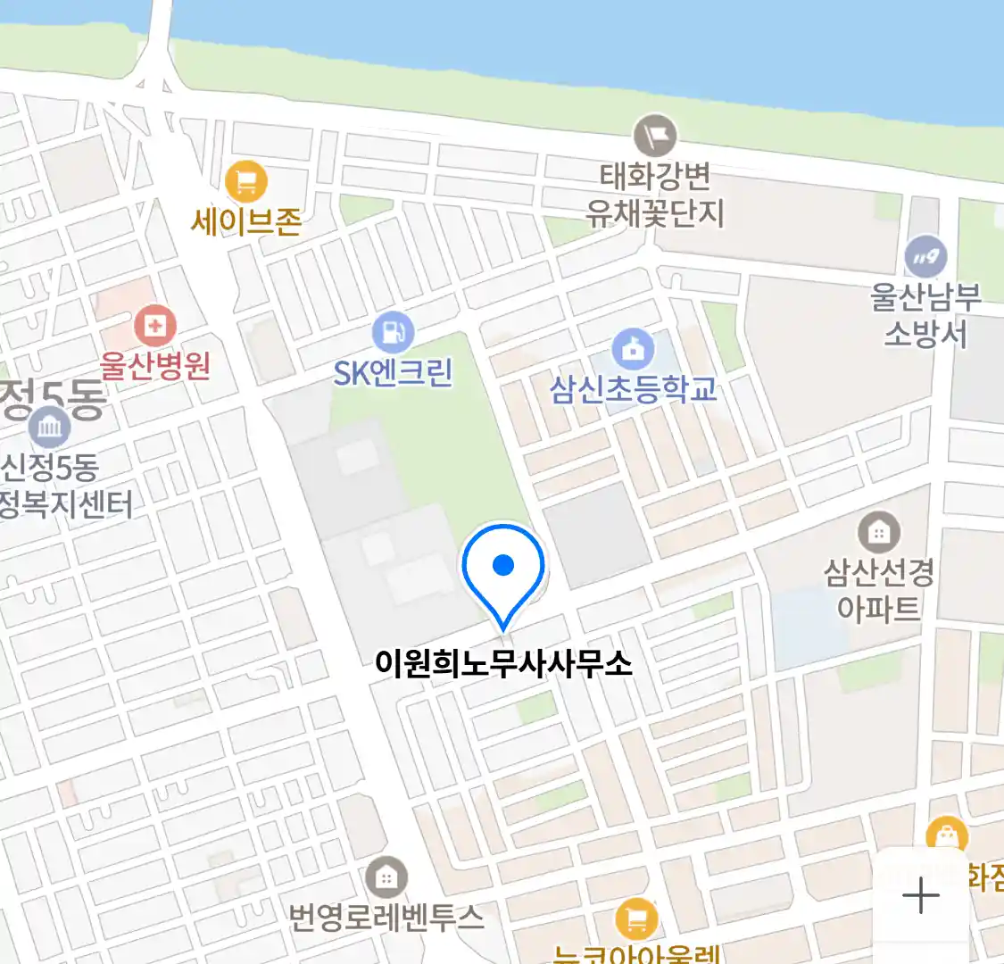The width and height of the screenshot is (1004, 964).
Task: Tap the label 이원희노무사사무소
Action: coord(503,663)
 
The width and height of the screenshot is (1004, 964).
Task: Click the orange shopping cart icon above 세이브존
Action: coord(245,182)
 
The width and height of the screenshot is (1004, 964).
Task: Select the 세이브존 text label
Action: coord(246,220)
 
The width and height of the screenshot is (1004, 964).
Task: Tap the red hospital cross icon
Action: coord(154,326)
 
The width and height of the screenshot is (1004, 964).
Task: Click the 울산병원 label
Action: coord(155,365)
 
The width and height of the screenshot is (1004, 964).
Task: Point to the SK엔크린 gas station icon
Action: coord(393,332)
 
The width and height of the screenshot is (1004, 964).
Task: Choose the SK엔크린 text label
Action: coord(394,372)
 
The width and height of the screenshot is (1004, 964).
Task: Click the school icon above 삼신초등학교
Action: coord(633,349)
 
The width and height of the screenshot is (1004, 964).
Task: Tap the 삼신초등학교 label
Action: coord(634,389)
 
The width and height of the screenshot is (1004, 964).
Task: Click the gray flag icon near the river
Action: coord(655,137)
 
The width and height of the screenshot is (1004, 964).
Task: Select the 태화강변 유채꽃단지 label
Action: coord(655,195)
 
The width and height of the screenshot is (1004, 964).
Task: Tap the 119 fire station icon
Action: coord(925,257)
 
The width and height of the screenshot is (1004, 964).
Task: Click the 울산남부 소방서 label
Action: coord(925,314)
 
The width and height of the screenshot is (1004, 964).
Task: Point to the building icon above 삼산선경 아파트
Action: coord(879,533)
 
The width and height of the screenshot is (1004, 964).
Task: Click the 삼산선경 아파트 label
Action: coord(879,590)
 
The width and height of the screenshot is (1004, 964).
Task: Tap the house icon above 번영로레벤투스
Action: coord(386,877)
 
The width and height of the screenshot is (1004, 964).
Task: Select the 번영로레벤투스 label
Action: coord(386,917)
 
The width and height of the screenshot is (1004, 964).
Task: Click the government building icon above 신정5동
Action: coord(49,428)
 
